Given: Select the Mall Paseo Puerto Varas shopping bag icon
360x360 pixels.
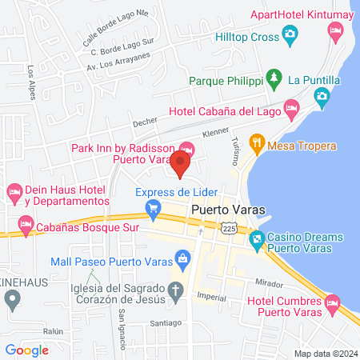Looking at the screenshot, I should click(x=183, y=258).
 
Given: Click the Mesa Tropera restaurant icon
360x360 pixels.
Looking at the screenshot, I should click(x=257, y=144).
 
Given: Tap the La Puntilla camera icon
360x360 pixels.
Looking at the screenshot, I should click(x=321, y=98).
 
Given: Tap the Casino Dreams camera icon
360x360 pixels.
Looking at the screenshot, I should click(x=257, y=238).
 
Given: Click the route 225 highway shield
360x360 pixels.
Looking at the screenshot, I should click(x=228, y=228).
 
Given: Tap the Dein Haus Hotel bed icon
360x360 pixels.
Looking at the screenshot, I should click(x=13, y=191).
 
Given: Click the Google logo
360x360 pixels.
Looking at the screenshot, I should click(x=26, y=350).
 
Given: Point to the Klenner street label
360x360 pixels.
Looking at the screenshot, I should click(x=216, y=130).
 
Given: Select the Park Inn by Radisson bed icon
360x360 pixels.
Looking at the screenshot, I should click(x=187, y=148).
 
